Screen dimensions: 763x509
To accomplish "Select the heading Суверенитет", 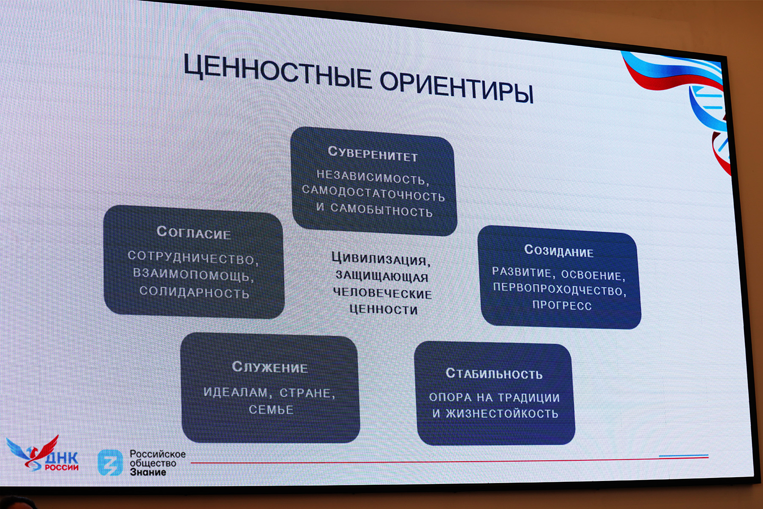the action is pyautogui.click(x=373, y=154).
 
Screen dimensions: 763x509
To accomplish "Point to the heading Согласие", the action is pyautogui.click(x=194, y=232).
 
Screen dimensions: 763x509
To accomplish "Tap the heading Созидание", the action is pyautogui.click(x=559, y=250).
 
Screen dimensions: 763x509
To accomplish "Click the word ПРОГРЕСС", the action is pyautogui.click(x=562, y=305).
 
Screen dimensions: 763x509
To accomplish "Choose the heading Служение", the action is pyautogui.click(x=270, y=367).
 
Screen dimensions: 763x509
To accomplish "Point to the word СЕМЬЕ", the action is pyautogui.click(x=271, y=410).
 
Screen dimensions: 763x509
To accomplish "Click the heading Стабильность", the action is pyautogui.click(x=494, y=373).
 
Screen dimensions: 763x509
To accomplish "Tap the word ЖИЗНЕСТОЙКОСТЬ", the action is pyautogui.click(x=502, y=413).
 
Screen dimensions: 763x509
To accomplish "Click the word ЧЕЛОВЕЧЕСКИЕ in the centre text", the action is pyautogui.click(x=382, y=293).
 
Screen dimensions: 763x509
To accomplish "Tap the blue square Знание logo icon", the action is pyautogui.click(x=110, y=462).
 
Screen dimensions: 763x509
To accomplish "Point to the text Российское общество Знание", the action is pyautogui.click(x=157, y=463).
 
